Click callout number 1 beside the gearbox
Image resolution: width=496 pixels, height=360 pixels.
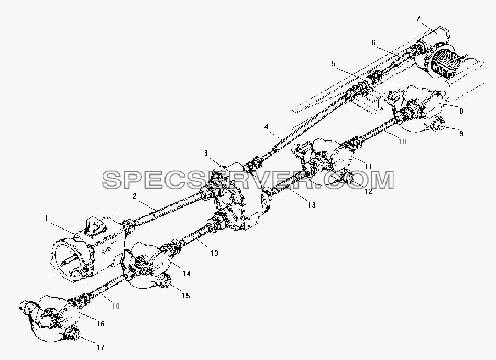coord(46,219)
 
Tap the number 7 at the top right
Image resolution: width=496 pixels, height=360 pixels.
coord(418,18)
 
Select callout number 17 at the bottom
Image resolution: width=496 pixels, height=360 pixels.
coord(100,347)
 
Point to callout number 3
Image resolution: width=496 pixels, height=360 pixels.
coord(206,154)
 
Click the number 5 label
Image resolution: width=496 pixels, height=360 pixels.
coord(333,63)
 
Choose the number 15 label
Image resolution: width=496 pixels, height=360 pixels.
coord(186,296)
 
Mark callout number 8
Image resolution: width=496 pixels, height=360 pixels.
coord(461,111)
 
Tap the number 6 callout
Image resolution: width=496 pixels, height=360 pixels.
coord(373,42)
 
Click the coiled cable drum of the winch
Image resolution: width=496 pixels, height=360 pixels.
coord(442,65)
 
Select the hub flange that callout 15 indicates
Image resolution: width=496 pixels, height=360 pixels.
coord(165,281)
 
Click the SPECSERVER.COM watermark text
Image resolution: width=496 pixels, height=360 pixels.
coord(248,180)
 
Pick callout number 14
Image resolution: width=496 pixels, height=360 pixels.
coord(186,274)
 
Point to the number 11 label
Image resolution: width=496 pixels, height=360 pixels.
coord(368,167)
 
